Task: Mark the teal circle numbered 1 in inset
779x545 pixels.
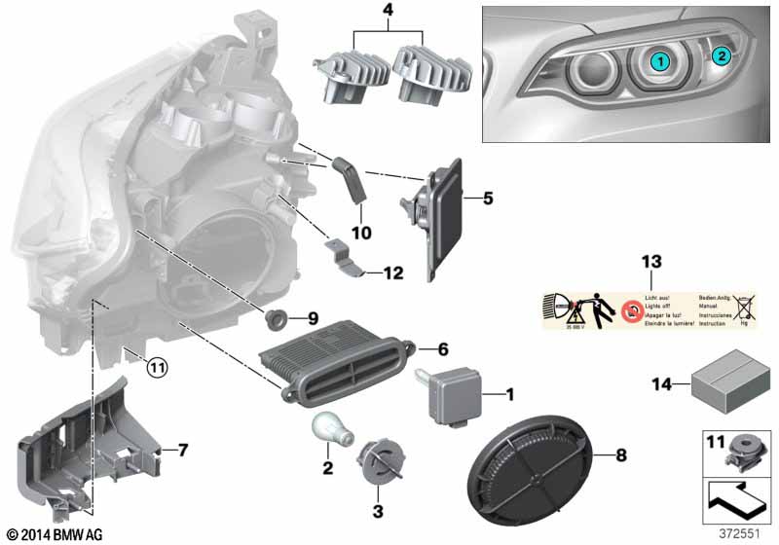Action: pyautogui.click(x=659, y=61)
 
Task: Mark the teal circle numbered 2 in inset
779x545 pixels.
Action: pyautogui.click(x=721, y=55)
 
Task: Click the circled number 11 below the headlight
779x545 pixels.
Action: pyautogui.click(x=157, y=367)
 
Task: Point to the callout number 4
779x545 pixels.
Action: pyautogui.click(x=361, y=15)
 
